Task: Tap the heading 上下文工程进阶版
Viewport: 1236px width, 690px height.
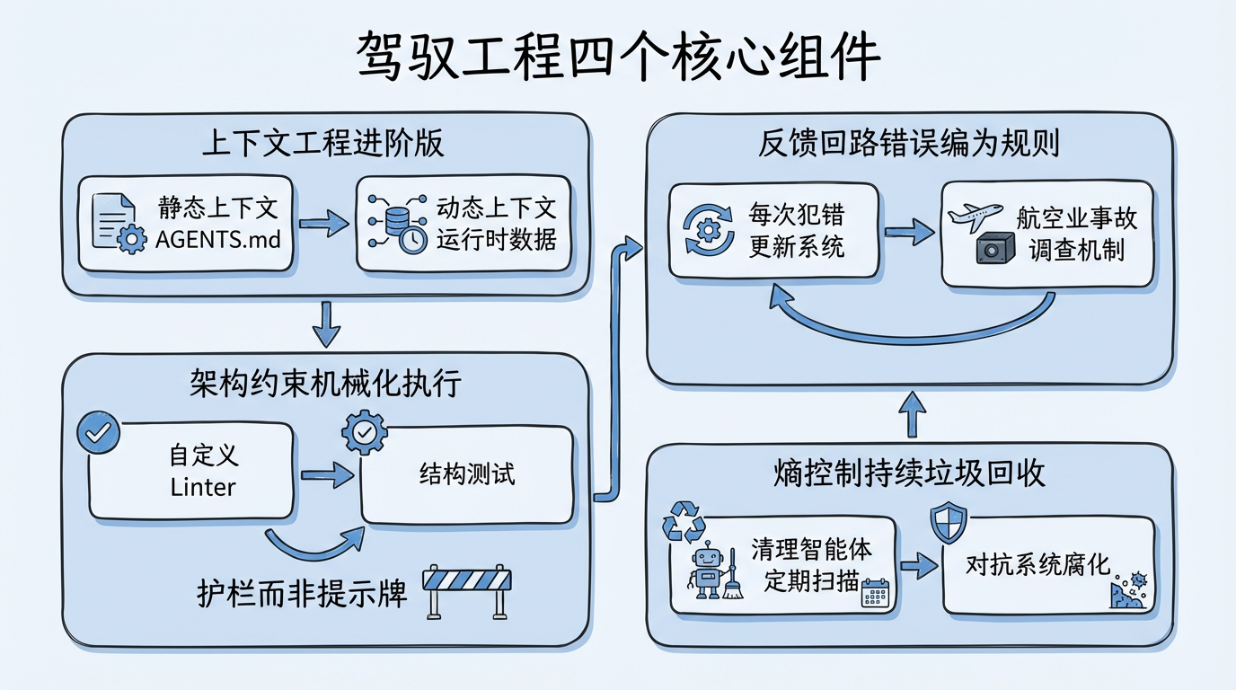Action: click(x=323, y=143)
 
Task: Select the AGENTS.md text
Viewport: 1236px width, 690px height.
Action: click(x=218, y=240)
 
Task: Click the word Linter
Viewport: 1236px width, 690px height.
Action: click(x=203, y=488)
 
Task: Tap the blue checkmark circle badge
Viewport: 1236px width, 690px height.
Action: click(x=98, y=432)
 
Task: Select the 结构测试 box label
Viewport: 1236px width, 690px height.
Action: click(x=467, y=473)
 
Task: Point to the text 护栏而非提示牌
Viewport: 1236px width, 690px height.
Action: click(x=302, y=594)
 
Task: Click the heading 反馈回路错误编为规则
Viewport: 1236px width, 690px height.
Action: click(x=910, y=143)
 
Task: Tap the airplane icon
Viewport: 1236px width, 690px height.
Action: click(x=976, y=217)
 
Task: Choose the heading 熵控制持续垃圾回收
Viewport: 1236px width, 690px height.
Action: click(x=909, y=473)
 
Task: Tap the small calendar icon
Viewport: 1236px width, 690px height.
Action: click(x=874, y=594)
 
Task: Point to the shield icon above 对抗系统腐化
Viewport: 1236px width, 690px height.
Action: click(x=948, y=523)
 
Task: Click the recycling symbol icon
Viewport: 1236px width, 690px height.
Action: click(x=684, y=521)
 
